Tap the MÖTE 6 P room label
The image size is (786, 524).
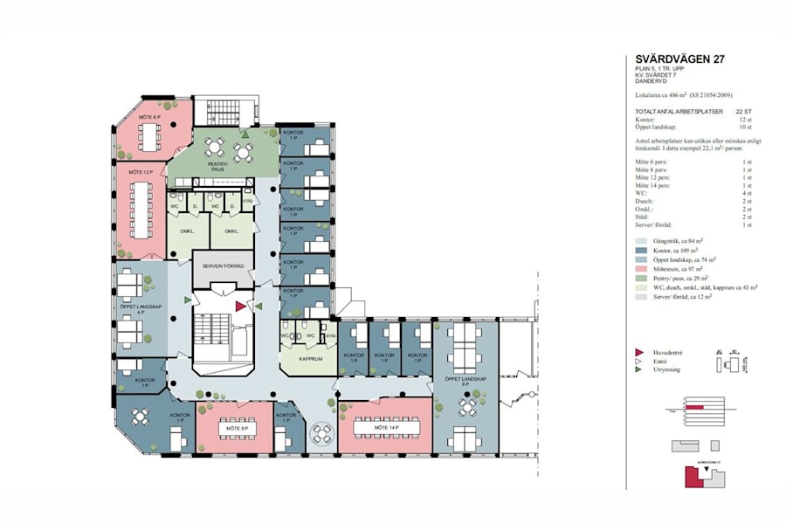[146, 116]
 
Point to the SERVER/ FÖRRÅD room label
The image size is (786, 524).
[222, 265]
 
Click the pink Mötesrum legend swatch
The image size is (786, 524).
[643, 270]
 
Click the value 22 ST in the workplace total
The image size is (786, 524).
[743, 112]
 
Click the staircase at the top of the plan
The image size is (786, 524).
[224, 111]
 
